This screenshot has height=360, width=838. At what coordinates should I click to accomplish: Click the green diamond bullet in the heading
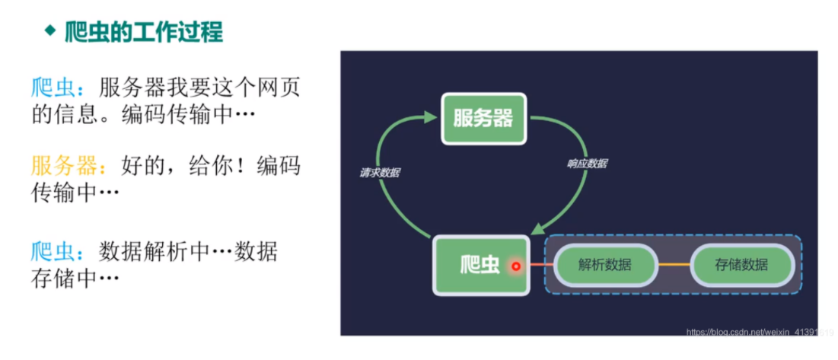pyautogui.click(x=50, y=31)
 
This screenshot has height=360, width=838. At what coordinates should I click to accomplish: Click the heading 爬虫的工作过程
pyautogui.click(x=144, y=32)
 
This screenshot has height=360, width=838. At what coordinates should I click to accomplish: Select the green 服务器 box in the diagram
pyautogui.click(x=483, y=118)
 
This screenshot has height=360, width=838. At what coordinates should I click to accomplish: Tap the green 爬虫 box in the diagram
pyautogui.click(x=480, y=265)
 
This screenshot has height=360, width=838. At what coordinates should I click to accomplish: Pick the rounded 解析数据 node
pyautogui.click(x=604, y=265)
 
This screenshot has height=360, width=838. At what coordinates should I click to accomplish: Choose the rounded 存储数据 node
pyautogui.click(x=741, y=265)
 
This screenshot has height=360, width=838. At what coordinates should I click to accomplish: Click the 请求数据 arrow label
pyautogui.click(x=380, y=173)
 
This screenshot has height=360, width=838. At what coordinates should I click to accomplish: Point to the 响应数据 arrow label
pyautogui.click(x=587, y=164)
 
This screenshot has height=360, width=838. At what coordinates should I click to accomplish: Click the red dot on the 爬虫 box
pyautogui.click(x=516, y=266)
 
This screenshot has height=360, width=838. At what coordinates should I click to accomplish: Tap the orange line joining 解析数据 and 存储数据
pyautogui.click(x=673, y=265)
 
